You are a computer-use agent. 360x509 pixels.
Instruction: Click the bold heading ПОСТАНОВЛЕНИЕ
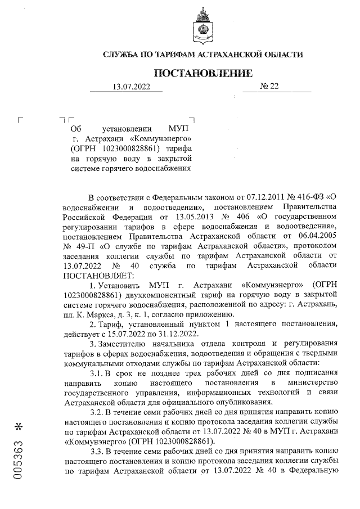[203, 73]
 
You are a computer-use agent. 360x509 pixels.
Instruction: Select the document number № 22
[269, 87]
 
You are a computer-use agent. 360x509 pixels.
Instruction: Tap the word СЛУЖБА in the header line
[122, 55]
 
